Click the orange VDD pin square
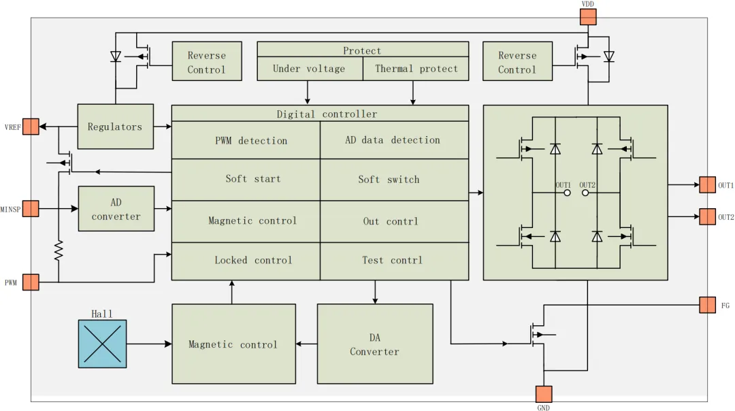click(588, 17)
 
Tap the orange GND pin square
click(544, 394)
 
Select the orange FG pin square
click(707, 305)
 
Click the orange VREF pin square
click(31, 126)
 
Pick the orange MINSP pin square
click(31, 208)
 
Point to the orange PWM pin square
click(31, 282)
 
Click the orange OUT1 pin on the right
click(707, 184)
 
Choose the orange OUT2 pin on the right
click(707, 217)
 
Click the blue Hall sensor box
click(102, 344)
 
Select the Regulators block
click(115, 127)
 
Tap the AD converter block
click(116, 209)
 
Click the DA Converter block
click(374, 344)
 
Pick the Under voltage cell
click(309, 69)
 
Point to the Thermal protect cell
click(416, 69)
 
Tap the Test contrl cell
click(394, 261)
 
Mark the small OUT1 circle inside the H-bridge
click(567, 193)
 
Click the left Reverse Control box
click(206, 62)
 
